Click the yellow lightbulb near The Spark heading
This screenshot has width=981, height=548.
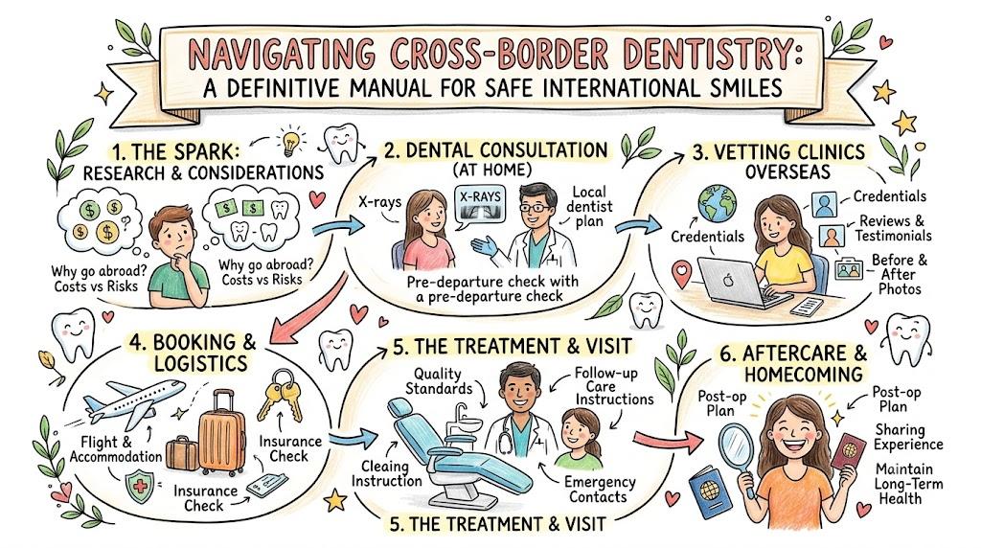click(290, 142)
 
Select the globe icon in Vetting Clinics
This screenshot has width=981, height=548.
click(717, 203)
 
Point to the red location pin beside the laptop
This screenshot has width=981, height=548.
click(681, 275)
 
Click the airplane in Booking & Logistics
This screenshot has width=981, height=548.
click(133, 400)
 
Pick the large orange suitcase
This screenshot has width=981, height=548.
click(221, 433)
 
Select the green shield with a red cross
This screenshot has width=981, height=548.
click(139, 486)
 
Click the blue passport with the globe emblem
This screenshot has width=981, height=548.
click(710, 491)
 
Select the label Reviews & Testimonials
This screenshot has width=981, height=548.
click(893, 228)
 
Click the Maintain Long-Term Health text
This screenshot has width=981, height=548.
click(908, 484)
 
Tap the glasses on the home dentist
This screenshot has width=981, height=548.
click(535, 206)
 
